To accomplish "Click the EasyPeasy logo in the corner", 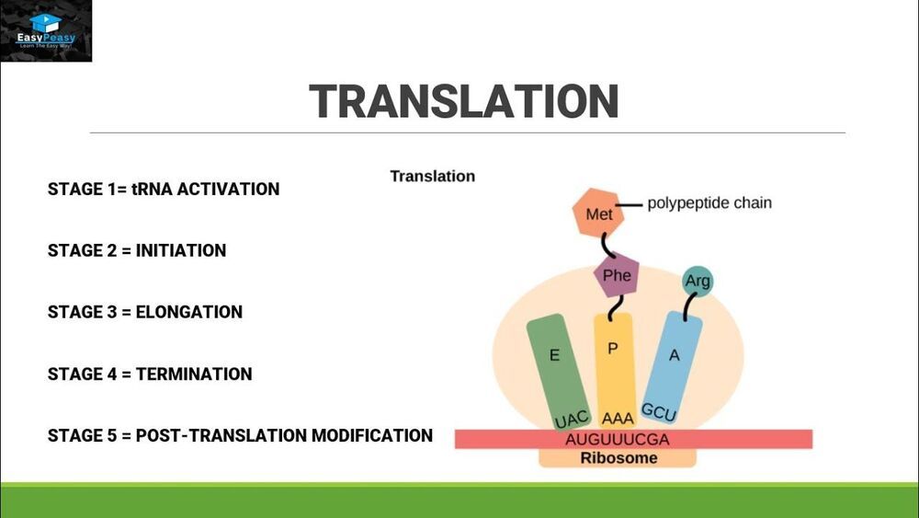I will coord(46,30).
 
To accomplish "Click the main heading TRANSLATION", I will coord(463,101).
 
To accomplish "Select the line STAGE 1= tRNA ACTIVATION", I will coord(164,190).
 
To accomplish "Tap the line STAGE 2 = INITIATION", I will coord(137,250).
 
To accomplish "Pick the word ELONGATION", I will coord(189,312).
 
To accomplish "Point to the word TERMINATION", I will coord(194,374).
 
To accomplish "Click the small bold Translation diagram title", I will coord(433,176).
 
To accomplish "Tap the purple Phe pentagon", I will coord(616,275).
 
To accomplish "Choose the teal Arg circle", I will coord(698,281).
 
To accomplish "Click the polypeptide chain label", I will coord(709,202).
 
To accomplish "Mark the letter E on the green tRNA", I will coord(554,355).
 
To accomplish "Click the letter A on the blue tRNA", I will coord(674,355).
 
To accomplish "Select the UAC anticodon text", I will coord(572,419).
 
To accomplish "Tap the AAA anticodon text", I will coord(617,418).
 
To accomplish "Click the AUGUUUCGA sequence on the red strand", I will coord(618,439).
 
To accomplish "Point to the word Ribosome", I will coord(618,457).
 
